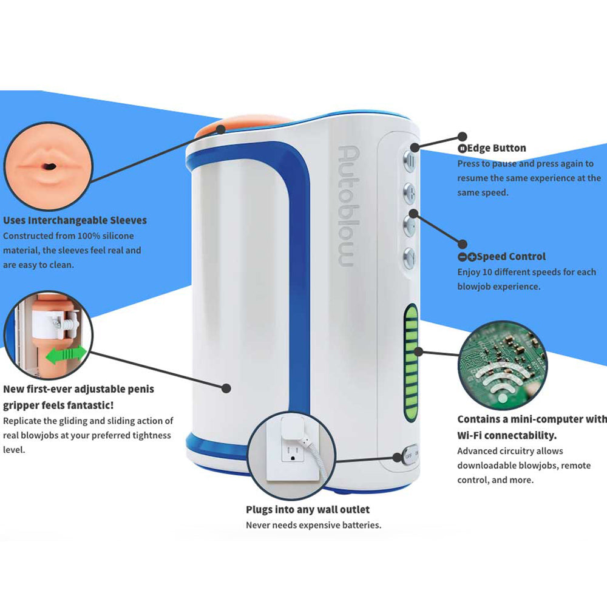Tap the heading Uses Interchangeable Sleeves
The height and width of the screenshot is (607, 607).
[x=75, y=220]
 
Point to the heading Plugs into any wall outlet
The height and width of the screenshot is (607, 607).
[x=308, y=509]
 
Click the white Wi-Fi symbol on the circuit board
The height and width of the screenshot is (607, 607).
[x=502, y=382]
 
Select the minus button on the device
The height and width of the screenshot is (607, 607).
[x=410, y=223]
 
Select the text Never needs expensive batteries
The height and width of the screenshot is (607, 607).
[x=313, y=525]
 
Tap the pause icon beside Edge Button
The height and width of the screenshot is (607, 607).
[x=461, y=148]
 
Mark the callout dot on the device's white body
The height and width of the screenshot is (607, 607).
[x=226, y=387]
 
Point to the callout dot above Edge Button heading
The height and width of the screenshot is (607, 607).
[x=463, y=137]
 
